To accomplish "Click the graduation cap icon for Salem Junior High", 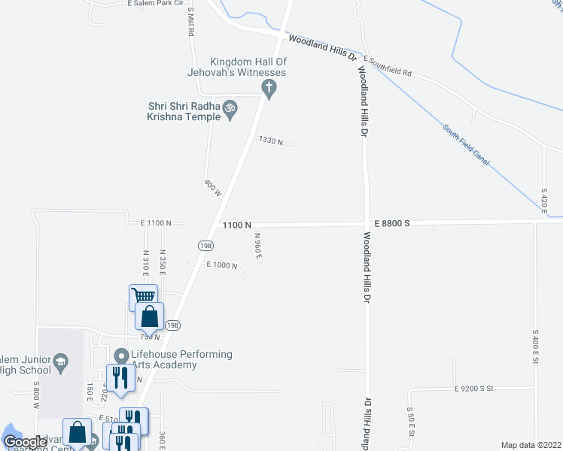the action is [x=60, y=365].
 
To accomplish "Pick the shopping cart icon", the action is [x=142, y=295].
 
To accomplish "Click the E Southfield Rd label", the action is [x=388, y=65].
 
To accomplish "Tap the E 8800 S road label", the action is [x=392, y=223].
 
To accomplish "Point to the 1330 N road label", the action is [x=270, y=140].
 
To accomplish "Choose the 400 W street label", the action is [x=213, y=188].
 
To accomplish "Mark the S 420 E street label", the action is [x=543, y=200].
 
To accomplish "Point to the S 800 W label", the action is [x=35, y=396].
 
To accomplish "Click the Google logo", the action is [x=26, y=442].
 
